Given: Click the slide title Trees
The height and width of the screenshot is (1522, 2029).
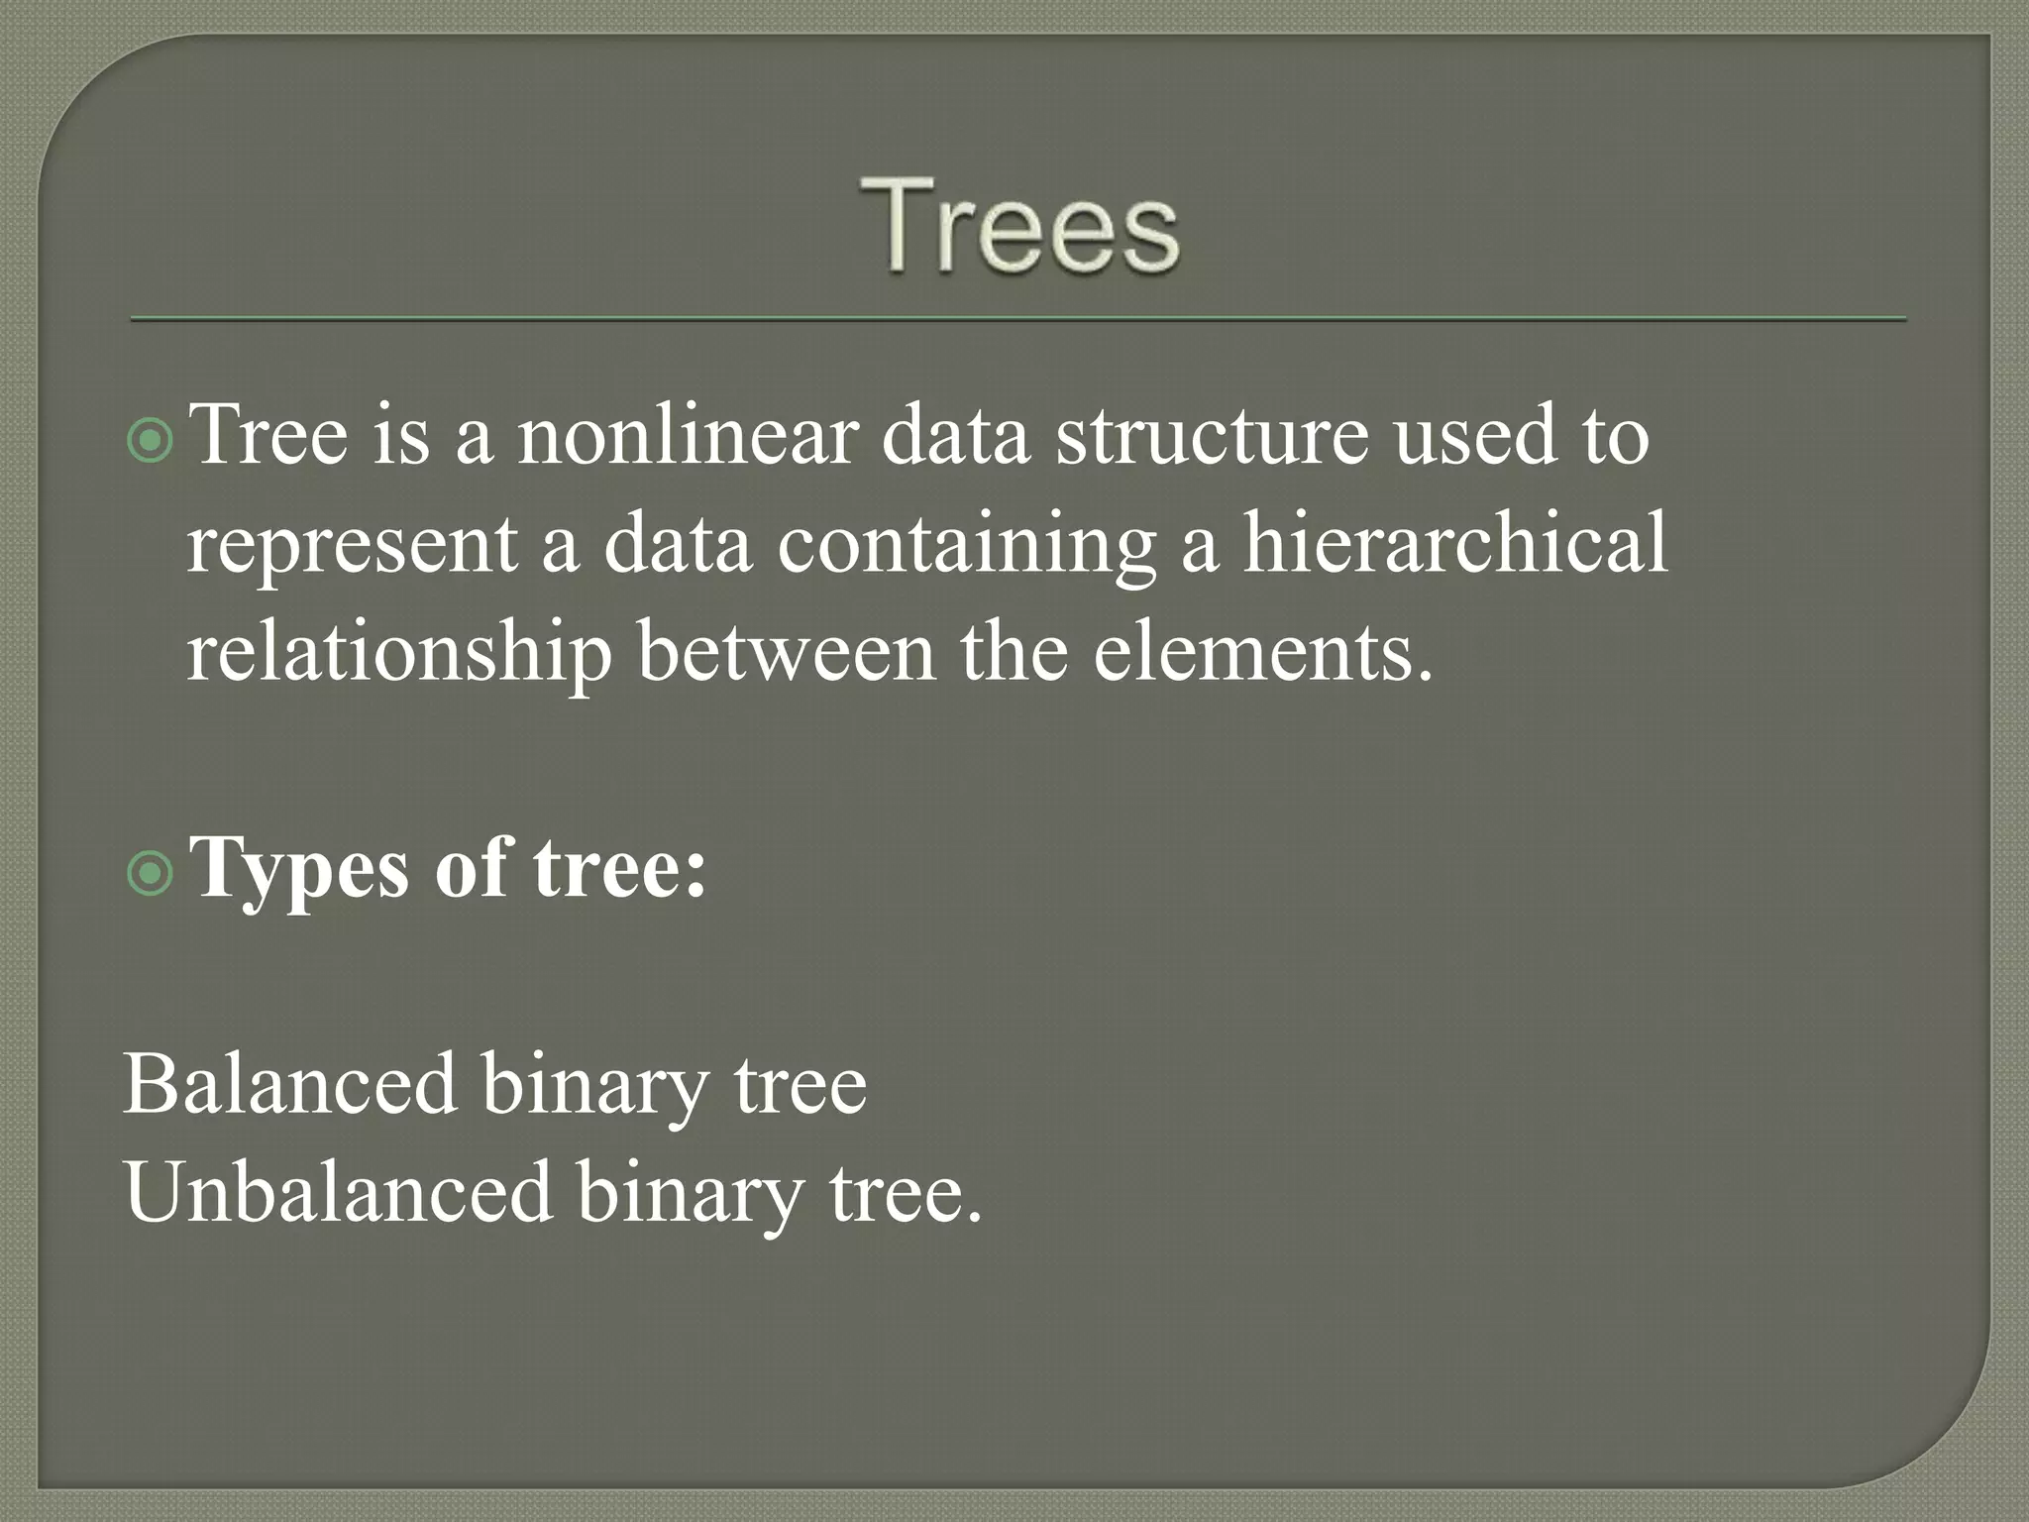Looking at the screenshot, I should pos(1019,225).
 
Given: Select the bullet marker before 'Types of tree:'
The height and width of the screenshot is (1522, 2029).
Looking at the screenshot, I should pos(151,873).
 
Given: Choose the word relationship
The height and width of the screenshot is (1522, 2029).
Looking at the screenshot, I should pos(399,654).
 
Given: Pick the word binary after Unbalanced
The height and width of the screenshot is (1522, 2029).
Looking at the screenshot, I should pos(690,1195).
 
